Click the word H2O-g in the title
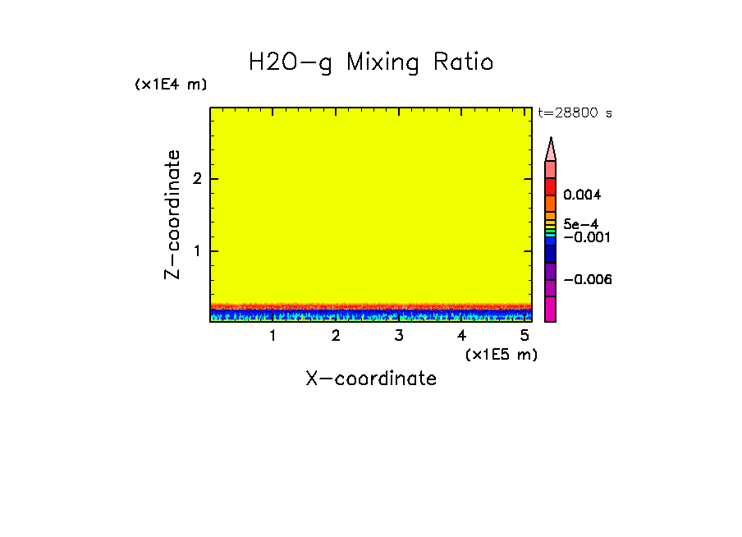[x=291, y=63]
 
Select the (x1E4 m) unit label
[x=172, y=85]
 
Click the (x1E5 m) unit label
[x=501, y=354]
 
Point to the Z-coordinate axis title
[x=172, y=214]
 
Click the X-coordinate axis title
[x=371, y=379]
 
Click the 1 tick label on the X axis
[x=273, y=335]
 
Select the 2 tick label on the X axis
[x=336, y=335]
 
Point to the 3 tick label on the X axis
[x=399, y=335]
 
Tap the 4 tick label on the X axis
[x=461, y=335]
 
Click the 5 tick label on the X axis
[x=524, y=335]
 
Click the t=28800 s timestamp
[x=575, y=113]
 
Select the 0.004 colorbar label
[x=583, y=195]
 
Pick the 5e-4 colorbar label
[x=580, y=223]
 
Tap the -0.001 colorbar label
[x=585, y=237]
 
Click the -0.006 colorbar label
[x=587, y=280]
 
